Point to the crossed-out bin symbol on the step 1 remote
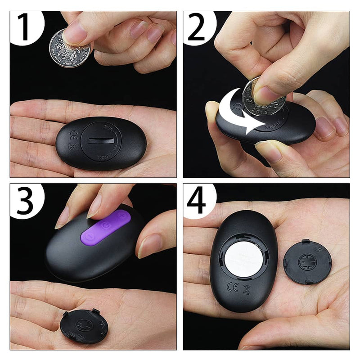point(71,146)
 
